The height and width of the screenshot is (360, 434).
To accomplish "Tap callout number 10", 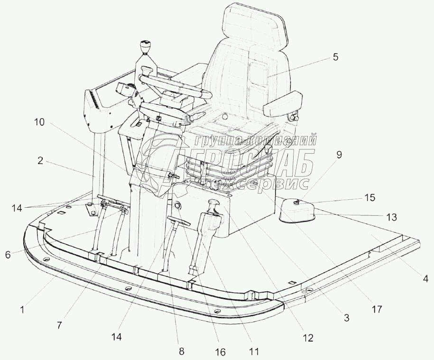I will tap(39, 122).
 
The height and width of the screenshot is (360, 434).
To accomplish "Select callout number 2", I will tap(41, 161).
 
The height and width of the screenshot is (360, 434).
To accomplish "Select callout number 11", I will tap(254, 351).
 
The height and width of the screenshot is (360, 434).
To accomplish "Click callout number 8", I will tap(181, 351).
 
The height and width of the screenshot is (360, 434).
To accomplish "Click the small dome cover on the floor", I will tap(295, 210).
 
